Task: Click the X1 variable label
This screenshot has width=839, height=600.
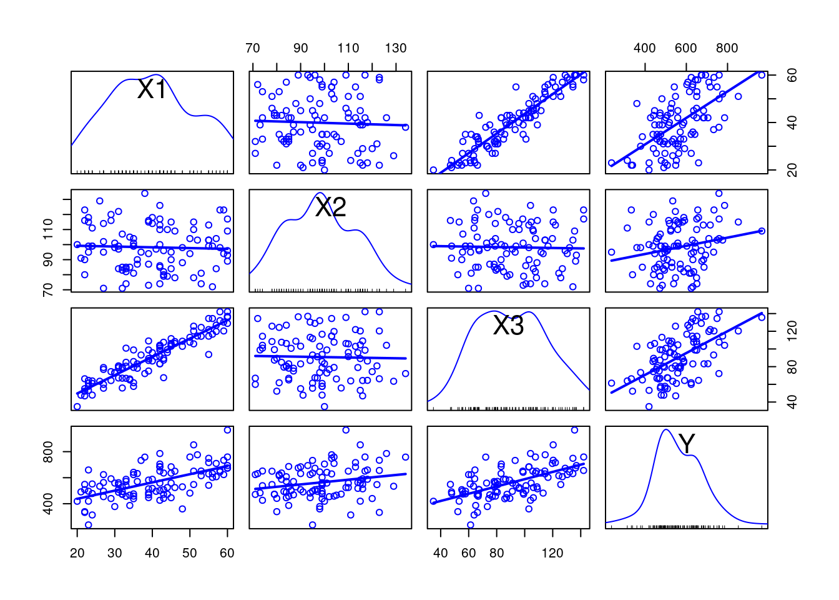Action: click(152, 89)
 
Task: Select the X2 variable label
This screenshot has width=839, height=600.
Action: click(330, 207)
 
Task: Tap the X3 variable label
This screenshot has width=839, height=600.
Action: click(508, 325)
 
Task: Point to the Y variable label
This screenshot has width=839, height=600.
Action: click(687, 444)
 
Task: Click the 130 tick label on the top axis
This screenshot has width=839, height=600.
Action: click(396, 48)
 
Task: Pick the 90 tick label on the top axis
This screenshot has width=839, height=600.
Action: click(301, 48)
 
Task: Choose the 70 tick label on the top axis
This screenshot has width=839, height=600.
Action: click(253, 48)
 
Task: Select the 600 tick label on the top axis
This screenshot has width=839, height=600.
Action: click(686, 48)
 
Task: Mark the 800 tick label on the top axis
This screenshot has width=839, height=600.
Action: click(727, 48)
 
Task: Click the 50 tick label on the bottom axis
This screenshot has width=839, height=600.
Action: click(190, 552)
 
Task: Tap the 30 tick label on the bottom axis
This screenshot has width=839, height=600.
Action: click(115, 552)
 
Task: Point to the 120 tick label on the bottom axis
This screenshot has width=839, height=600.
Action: click(552, 552)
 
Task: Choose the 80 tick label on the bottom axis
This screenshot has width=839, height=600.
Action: click(497, 552)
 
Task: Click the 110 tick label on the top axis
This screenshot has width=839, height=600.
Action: click(348, 48)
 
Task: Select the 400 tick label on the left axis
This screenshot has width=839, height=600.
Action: click(48, 504)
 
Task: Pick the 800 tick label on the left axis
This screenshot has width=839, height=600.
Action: click(48, 452)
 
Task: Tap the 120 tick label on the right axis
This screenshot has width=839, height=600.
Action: click(792, 331)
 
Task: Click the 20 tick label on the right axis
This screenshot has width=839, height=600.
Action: click(792, 170)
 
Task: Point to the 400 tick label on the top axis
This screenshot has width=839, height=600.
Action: click(645, 48)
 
